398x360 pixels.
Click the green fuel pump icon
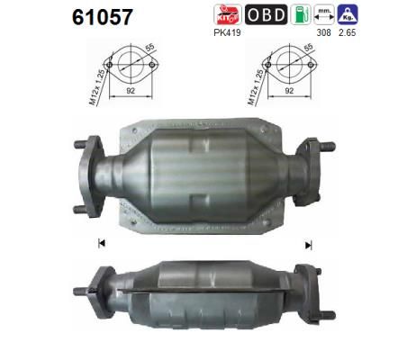[303, 15]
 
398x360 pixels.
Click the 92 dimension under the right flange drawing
[290, 91]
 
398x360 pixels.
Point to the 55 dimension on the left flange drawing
[149, 49]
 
